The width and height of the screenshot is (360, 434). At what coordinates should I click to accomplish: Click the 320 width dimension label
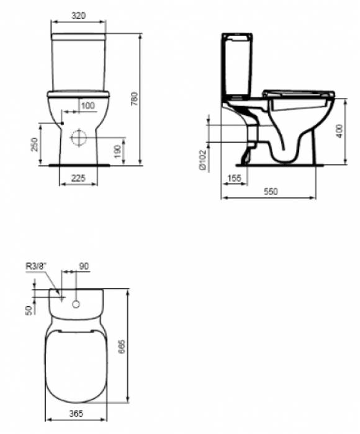tap(79, 15)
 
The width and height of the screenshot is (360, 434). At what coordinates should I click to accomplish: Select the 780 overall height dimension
tap(135, 99)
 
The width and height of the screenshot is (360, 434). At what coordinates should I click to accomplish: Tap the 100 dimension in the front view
tap(88, 105)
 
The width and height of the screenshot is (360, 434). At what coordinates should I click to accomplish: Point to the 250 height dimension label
tap(34, 144)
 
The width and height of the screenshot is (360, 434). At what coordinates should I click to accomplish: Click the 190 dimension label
tap(117, 151)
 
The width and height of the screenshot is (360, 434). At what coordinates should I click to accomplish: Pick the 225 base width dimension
tap(78, 178)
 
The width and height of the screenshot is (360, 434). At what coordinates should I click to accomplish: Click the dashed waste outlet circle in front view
tap(79, 137)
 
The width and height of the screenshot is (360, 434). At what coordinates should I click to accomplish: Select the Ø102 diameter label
tap(202, 160)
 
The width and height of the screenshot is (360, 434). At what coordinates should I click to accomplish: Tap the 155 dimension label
tap(235, 178)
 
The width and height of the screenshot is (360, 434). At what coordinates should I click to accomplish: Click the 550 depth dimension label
tap(271, 191)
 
